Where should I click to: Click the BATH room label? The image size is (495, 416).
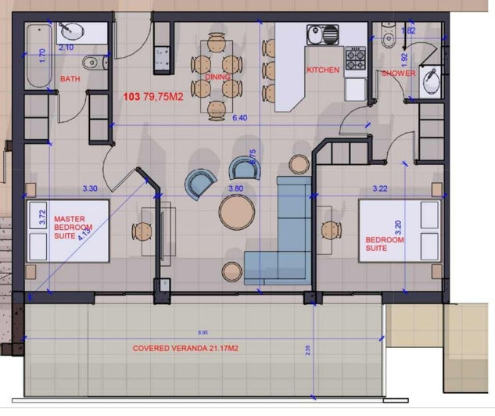coord(69,79)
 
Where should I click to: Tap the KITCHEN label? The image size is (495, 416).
coord(323,70)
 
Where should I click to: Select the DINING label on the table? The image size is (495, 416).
coord(217,77)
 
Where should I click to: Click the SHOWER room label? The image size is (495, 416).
coord(398,74)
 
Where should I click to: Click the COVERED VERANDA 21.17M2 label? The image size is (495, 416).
coord(185,349)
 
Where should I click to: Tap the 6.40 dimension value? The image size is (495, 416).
coord(239,118)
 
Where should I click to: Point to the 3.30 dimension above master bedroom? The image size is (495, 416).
coord(90,188)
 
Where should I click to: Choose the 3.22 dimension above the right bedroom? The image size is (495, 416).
coord(380,188)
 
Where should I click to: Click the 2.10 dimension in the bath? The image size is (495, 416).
coord(66,48)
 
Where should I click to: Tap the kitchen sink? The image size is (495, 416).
coord(322,35)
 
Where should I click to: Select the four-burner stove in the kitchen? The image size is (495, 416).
coord(356,58)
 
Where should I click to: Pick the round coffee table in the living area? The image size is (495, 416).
coord(235,211)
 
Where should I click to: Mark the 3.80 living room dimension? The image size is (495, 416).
coord(235,188)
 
